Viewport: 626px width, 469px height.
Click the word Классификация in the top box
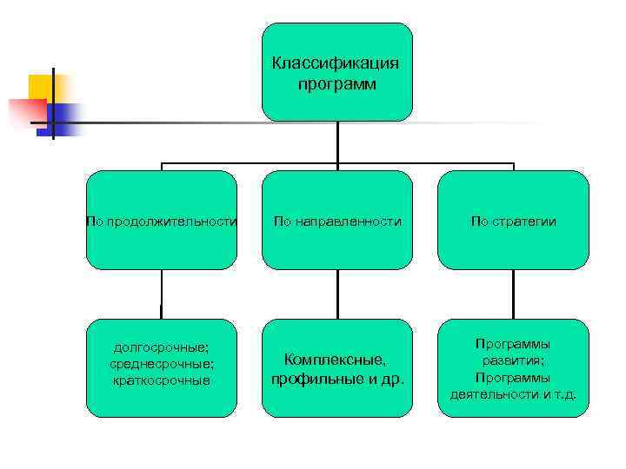pyautogui.click(x=336, y=63)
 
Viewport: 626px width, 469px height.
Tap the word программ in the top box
pyautogui.click(x=336, y=84)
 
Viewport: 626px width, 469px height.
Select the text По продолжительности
pyautogui.click(x=161, y=221)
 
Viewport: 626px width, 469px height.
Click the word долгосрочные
pyautogui.click(x=161, y=347)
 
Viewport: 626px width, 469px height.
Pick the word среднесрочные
pyautogui.click(x=161, y=364)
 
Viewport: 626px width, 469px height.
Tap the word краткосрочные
pyautogui.click(x=161, y=380)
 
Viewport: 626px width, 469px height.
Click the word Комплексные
pyautogui.click(x=336, y=360)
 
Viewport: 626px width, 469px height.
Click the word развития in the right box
pyautogui.click(x=512, y=360)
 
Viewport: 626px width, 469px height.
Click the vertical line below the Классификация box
pyautogui.click(x=337, y=142)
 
